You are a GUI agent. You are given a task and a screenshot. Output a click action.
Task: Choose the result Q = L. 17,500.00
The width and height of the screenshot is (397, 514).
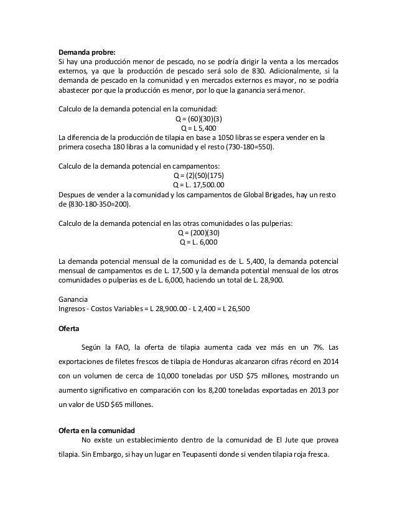[x=198, y=185]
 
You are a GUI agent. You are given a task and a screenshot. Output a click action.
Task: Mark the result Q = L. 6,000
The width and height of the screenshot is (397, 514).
[x=198, y=242]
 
